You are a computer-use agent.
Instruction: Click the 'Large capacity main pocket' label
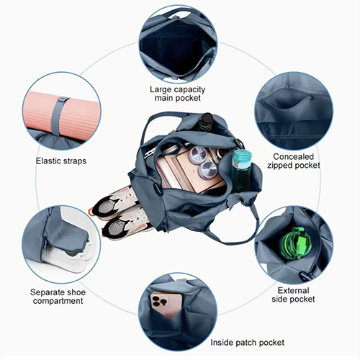pyautogui.click(x=178, y=94)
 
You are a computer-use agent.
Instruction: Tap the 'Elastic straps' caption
pyautogui.click(x=61, y=161)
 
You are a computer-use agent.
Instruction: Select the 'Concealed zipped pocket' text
pyautogui.click(x=294, y=161)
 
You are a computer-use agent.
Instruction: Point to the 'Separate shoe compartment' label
pyautogui.click(x=58, y=297)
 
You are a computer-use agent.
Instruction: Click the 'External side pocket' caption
pyautogui.click(x=293, y=294)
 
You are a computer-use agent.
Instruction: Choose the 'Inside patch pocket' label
pyautogui.click(x=247, y=343)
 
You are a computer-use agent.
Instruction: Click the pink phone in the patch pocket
pyautogui.click(x=166, y=305)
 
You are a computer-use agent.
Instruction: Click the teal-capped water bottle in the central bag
pyautogui.click(x=242, y=171)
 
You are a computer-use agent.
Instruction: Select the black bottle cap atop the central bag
pyautogui.click(x=207, y=119)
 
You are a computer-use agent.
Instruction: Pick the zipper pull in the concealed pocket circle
pyautogui.click(x=312, y=97)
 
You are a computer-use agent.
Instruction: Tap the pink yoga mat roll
pyautogui.click(x=61, y=114)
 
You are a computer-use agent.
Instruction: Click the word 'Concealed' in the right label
pyautogui.click(x=293, y=156)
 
